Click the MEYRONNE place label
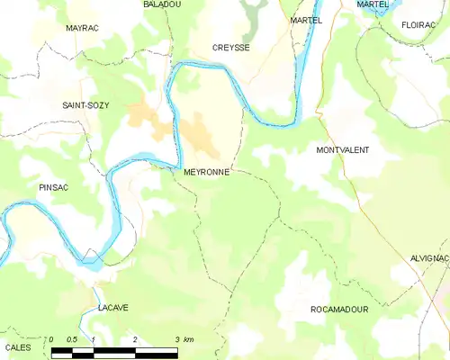(x=205, y=170)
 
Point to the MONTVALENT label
(x=343, y=149)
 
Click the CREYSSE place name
(x=231, y=48)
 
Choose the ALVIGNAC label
(x=428, y=257)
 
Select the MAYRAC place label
(x=83, y=29)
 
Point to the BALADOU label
(x=162, y=4)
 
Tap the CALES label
(x=18, y=346)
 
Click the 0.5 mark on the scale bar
(x=73, y=339)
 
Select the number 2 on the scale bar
(x=135, y=339)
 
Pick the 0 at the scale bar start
(x=52, y=339)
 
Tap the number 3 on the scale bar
(x=176, y=339)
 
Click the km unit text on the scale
(x=187, y=339)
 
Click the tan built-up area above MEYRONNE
(x=203, y=135)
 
